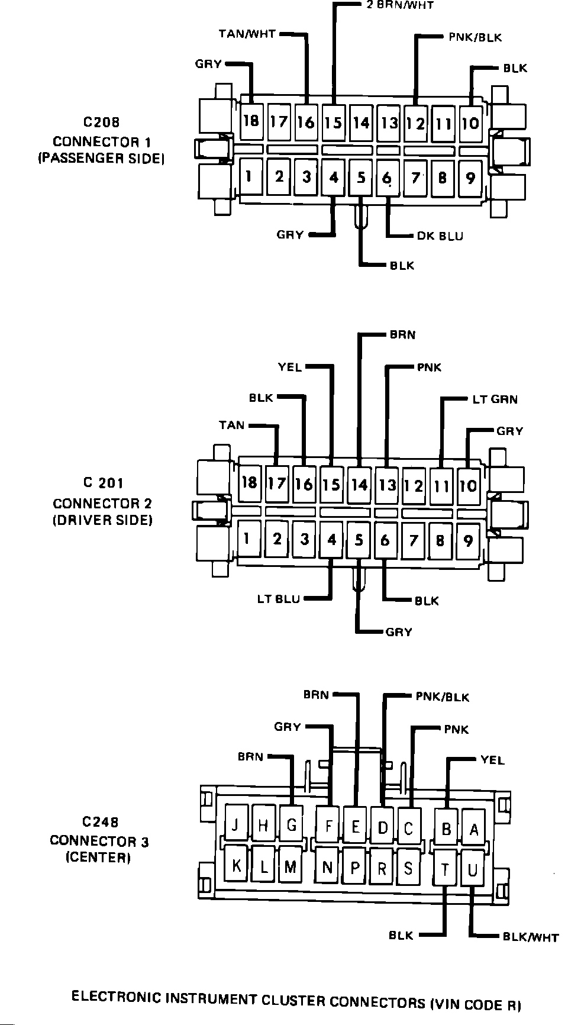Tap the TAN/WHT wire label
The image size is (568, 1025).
(x=247, y=34)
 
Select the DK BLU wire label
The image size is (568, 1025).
(x=440, y=236)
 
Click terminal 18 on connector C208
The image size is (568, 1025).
(x=251, y=121)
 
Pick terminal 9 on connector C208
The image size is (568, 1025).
(x=470, y=178)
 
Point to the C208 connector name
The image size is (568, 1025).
(x=101, y=123)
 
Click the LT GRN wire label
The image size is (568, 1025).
(x=495, y=399)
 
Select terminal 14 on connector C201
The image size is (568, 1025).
(x=359, y=485)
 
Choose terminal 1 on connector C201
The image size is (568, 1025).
(x=248, y=539)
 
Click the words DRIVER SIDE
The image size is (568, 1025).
(x=102, y=520)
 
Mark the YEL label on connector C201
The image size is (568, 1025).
(x=290, y=368)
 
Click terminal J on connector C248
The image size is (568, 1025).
(x=236, y=826)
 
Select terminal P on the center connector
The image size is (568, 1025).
(x=355, y=868)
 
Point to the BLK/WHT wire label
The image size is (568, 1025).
(x=530, y=937)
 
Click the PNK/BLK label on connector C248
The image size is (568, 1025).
(x=442, y=697)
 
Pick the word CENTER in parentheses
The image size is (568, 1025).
(x=98, y=858)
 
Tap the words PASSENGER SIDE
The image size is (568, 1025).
(x=101, y=159)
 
